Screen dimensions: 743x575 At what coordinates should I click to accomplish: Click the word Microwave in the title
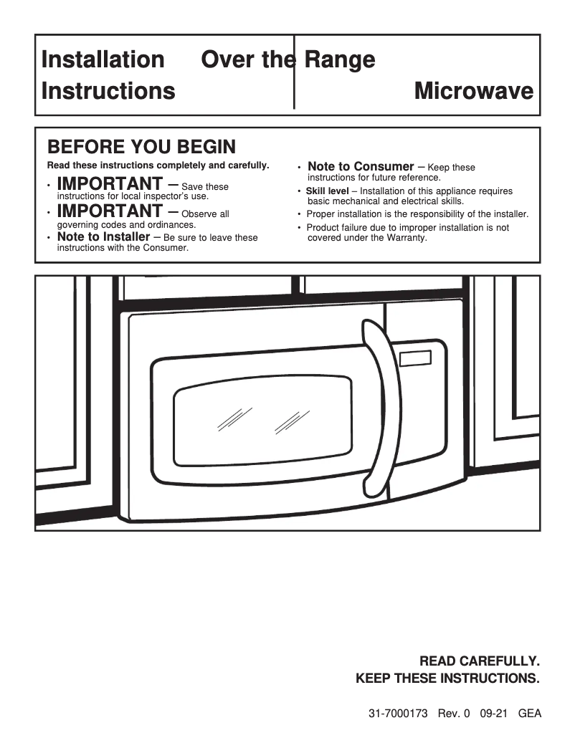click(x=474, y=91)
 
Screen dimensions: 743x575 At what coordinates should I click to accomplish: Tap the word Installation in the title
click(x=103, y=59)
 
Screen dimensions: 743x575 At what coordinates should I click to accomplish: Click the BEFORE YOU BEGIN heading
click(x=141, y=147)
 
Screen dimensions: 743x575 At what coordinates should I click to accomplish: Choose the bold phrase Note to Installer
click(x=103, y=236)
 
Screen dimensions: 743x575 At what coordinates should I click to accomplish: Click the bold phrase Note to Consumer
click(x=361, y=166)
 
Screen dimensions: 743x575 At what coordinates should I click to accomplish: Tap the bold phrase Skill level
click(x=327, y=191)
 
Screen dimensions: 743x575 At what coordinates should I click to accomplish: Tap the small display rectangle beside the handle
click(x=417, y=358)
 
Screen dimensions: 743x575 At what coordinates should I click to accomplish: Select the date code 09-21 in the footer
click(x=495, y=714)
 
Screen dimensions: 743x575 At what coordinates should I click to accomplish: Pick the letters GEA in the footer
click(x=529, y=714)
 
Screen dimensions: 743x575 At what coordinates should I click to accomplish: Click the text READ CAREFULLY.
click(x=479, y=661)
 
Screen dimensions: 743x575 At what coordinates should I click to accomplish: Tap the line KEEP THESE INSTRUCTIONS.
click(x=447, y=679)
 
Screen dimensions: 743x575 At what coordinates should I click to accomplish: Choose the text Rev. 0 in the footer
click(x=453, y=714)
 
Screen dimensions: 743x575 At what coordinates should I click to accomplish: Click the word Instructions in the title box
click(x=108, y=91)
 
